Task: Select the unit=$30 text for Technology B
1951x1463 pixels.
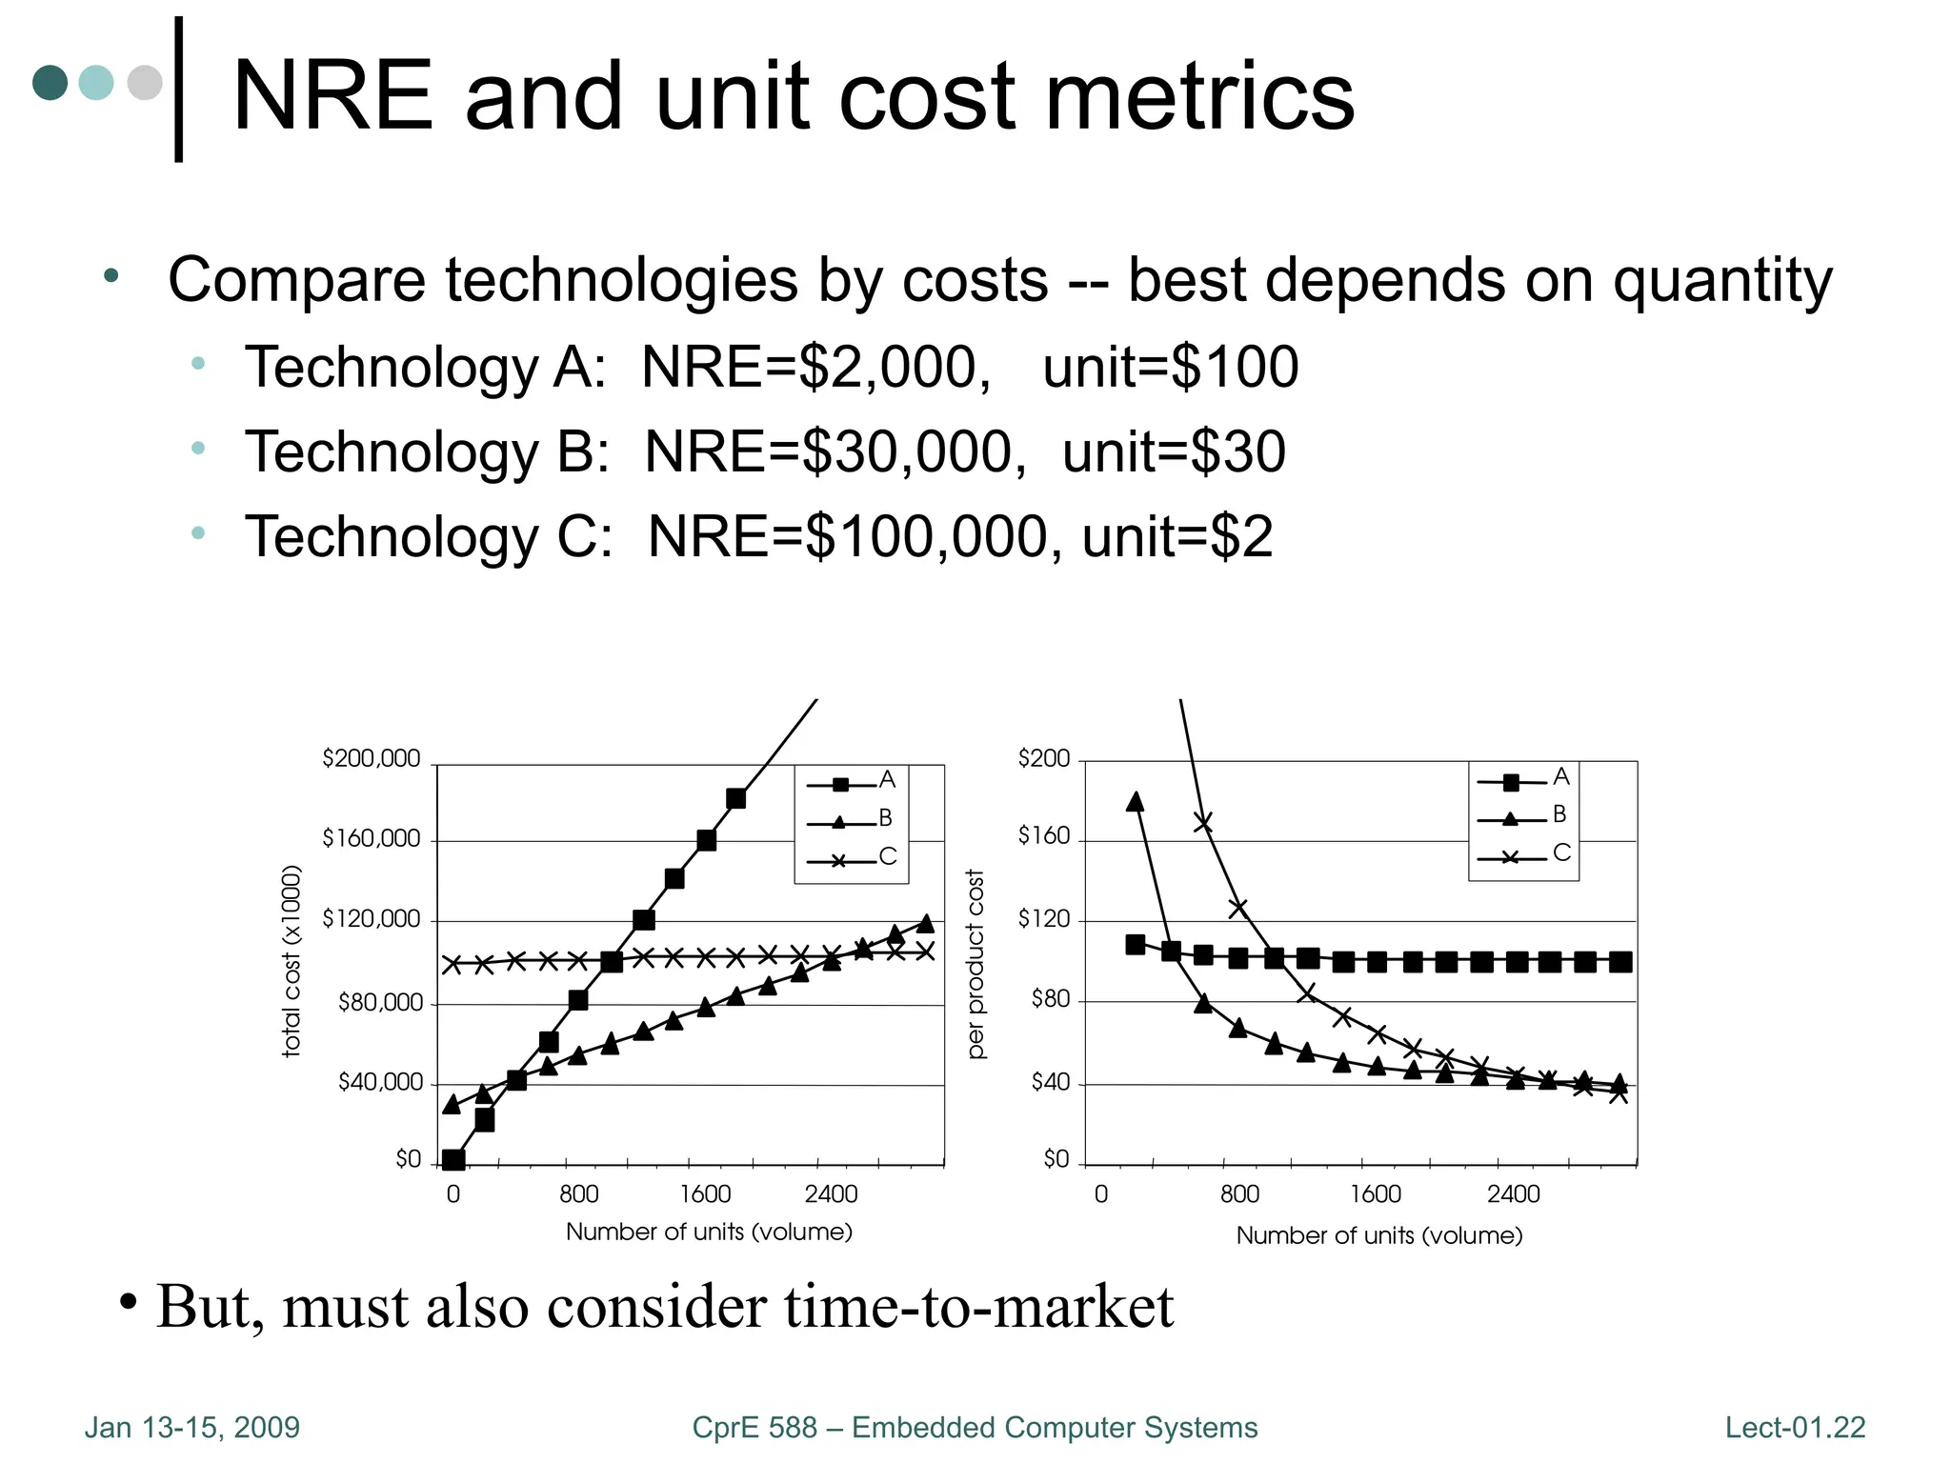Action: [x=1174, y=451]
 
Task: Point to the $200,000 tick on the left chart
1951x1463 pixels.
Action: [x=371, y=758]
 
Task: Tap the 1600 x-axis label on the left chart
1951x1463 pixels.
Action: [x=705, y=1193]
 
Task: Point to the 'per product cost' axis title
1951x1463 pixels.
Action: [x=975, y=963]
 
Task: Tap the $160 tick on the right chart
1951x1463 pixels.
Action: [x=1044, y=835]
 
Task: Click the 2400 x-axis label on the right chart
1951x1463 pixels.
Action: [x=1513, y=1193]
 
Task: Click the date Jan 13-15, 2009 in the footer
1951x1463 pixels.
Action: [x=191, y=1427]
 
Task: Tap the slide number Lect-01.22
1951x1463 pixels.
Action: [x=1795, y=1427]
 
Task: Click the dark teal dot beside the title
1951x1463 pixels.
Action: [x=50, y=83]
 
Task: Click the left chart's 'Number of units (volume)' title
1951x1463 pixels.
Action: [x=709, y=1232]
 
